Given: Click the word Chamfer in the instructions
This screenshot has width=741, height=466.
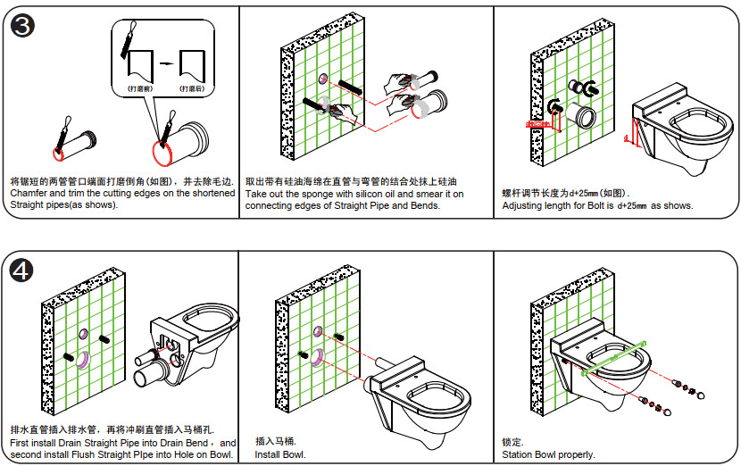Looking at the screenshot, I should pyautogui.click(x=32, y=193).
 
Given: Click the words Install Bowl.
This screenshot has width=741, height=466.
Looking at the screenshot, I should pyautogui.click(x=280, y=455).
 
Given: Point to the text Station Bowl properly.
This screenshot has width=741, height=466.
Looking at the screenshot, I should pyautogui.click(x=548, y=455).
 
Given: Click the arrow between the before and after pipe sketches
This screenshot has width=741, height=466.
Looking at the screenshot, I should pyautogui.click(x=164, y=64).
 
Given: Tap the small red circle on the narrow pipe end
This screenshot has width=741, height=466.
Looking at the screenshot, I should pyautogui.click(x=59, y=153).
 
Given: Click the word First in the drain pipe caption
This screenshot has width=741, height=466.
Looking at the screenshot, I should pyautogui.click(x=22, y=443).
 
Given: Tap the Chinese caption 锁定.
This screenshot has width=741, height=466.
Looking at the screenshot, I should pyautogui.click(x=512, y=442).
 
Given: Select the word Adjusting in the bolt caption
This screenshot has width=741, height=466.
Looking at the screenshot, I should pyautogui.click(x=523, y=205).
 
